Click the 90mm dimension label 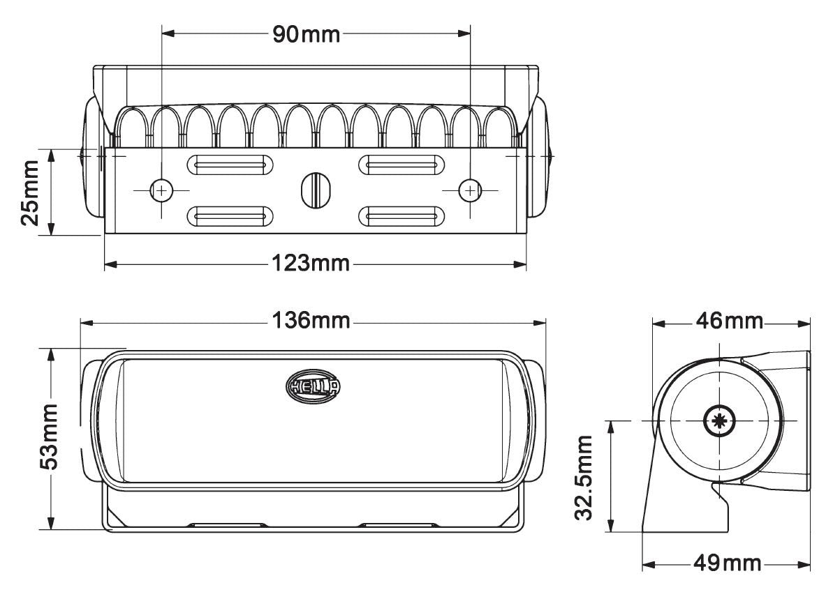306,33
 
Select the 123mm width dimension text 310,264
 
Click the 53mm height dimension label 49,437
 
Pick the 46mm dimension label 730,322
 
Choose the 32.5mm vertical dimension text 585,477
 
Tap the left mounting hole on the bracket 161,190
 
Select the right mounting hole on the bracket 470,190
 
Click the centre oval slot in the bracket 315,189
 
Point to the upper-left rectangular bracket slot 230,165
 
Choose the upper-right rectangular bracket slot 401,165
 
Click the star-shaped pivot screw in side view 717,421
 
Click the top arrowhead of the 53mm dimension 51,353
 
